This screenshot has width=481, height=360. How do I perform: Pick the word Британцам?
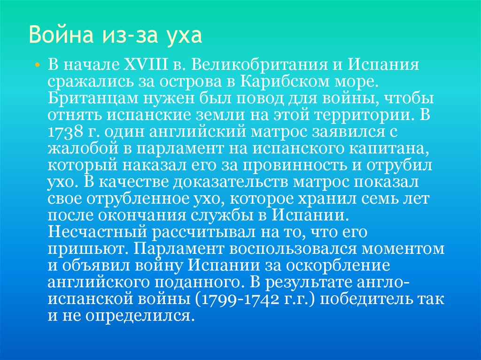click(88, 100)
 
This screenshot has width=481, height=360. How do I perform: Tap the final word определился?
click(140, 315)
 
